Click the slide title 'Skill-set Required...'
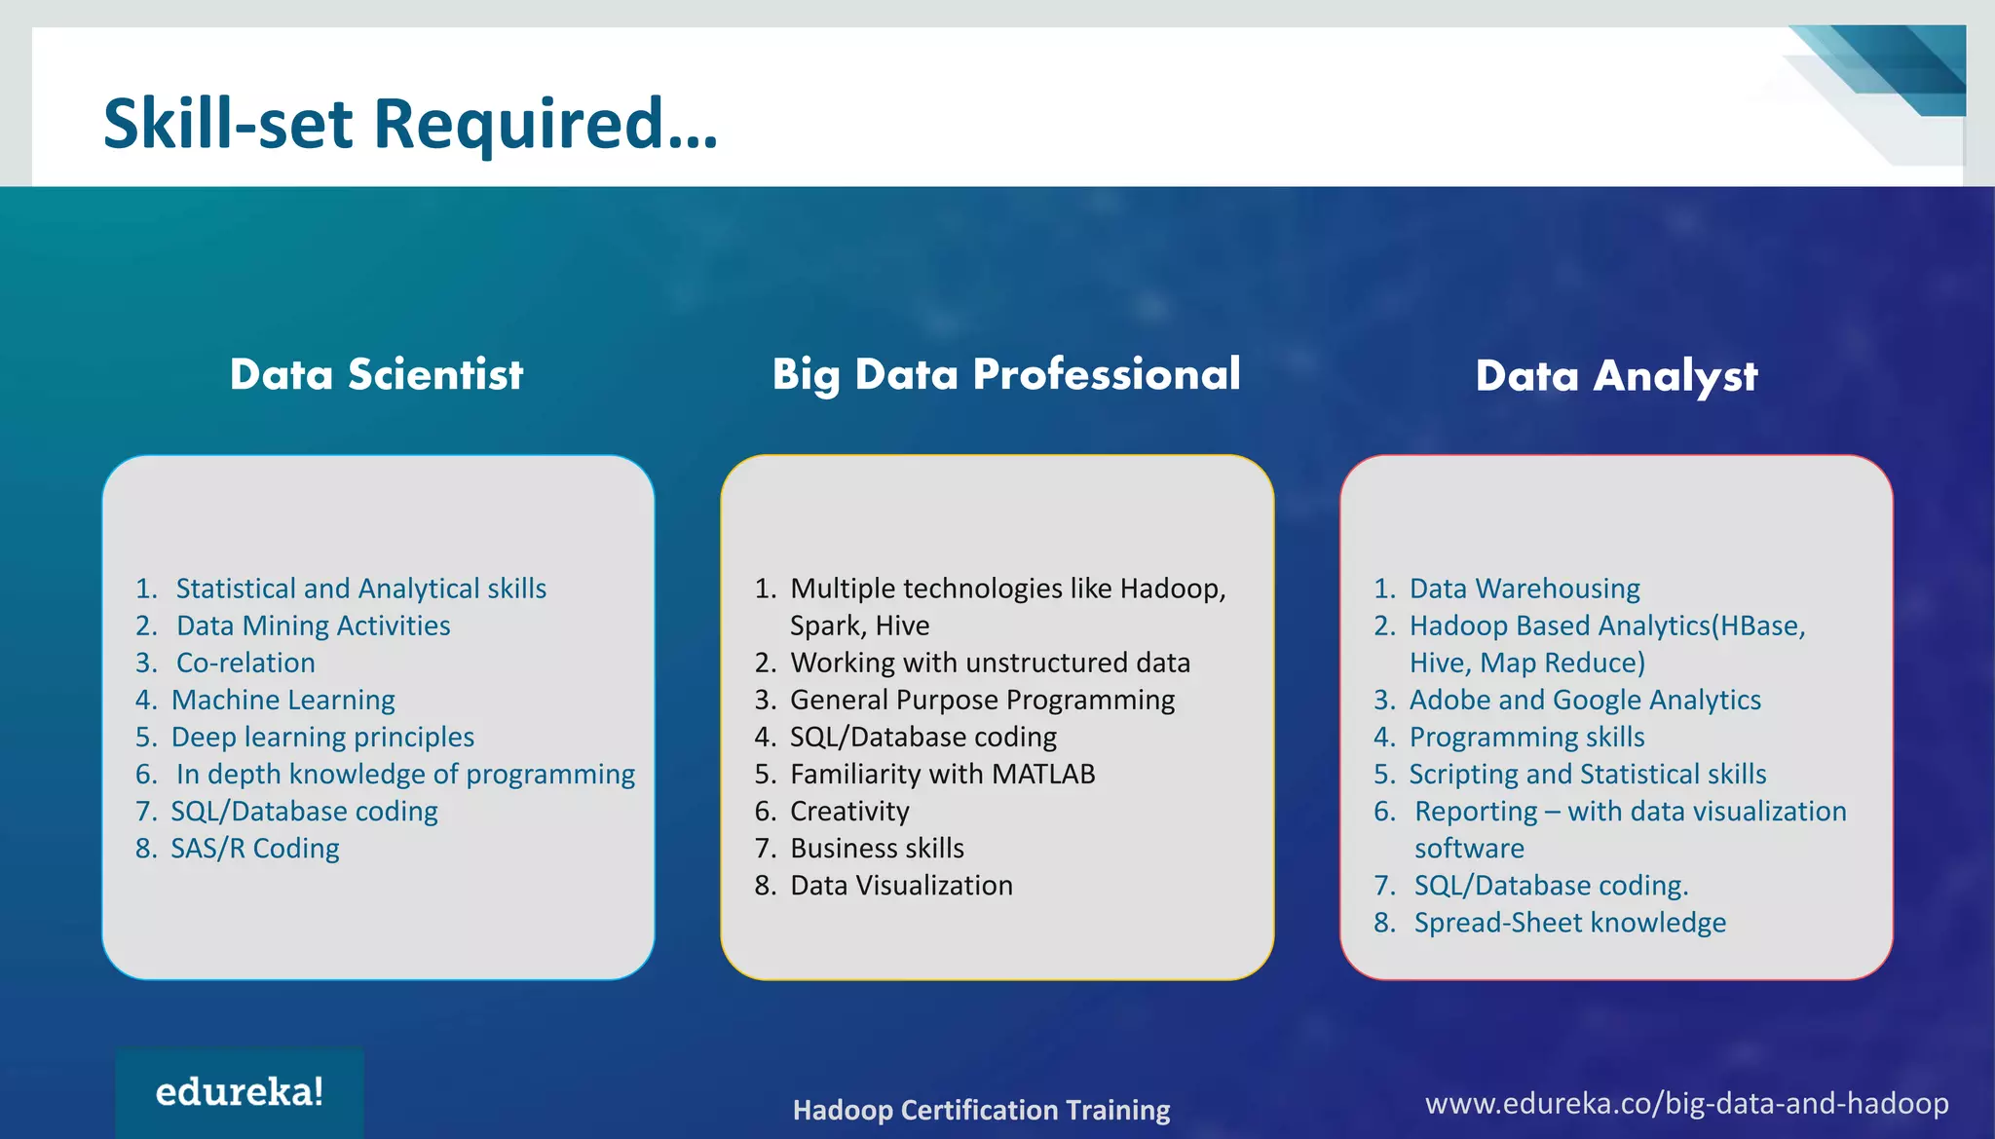(410, 124)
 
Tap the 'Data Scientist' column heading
(376, 375)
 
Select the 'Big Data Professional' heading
(1006, 375)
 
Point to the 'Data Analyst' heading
(1616, 376)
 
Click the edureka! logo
(240, 1092)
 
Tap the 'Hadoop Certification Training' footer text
(981, 1110)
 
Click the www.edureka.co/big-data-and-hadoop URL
(1686, 1103)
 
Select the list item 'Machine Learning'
(282, 700)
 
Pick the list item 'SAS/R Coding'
(255, 849)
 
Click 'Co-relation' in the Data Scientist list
(245, 663)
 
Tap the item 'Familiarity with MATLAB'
(942, 774)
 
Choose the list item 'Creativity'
(849, 811)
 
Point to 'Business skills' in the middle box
(877, 848)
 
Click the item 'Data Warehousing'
(1524, 588)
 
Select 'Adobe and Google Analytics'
(1585, 700)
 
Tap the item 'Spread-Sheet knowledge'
(1569, 922)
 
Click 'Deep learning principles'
(322, 737)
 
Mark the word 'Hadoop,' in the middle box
(1173, 588)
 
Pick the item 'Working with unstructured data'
(990, 663)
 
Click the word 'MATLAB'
(1043, 774)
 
